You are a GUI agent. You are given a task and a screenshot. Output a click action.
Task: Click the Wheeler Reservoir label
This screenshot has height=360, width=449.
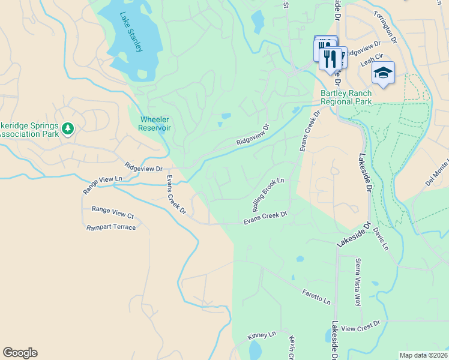(155, 124)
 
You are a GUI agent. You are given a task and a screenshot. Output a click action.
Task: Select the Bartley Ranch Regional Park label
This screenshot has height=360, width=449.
(346, 97)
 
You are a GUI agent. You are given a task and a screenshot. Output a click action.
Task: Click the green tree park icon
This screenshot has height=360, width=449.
(68, 128)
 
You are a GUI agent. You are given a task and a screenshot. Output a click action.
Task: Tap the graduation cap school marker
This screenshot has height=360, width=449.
(382, 73)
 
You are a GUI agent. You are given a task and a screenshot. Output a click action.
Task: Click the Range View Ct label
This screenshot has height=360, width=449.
(112, 212)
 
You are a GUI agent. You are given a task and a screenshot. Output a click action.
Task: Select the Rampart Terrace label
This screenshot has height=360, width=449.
(111, 227)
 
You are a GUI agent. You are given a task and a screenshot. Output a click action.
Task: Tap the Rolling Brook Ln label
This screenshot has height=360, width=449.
(268, 194)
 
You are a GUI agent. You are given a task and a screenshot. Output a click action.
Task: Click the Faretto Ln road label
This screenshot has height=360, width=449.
(316, 296)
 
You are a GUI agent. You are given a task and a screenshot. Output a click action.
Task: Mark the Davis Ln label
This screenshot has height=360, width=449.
(381, 239)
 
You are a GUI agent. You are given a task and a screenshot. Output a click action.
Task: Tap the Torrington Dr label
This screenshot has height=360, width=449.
(385, 26)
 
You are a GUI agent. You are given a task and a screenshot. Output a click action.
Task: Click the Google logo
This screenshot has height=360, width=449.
(20, 353)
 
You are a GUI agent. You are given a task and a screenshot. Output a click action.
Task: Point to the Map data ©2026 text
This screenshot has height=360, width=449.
(423, 355)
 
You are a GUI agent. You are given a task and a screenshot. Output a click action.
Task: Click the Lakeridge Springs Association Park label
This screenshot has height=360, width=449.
(30, 130)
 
